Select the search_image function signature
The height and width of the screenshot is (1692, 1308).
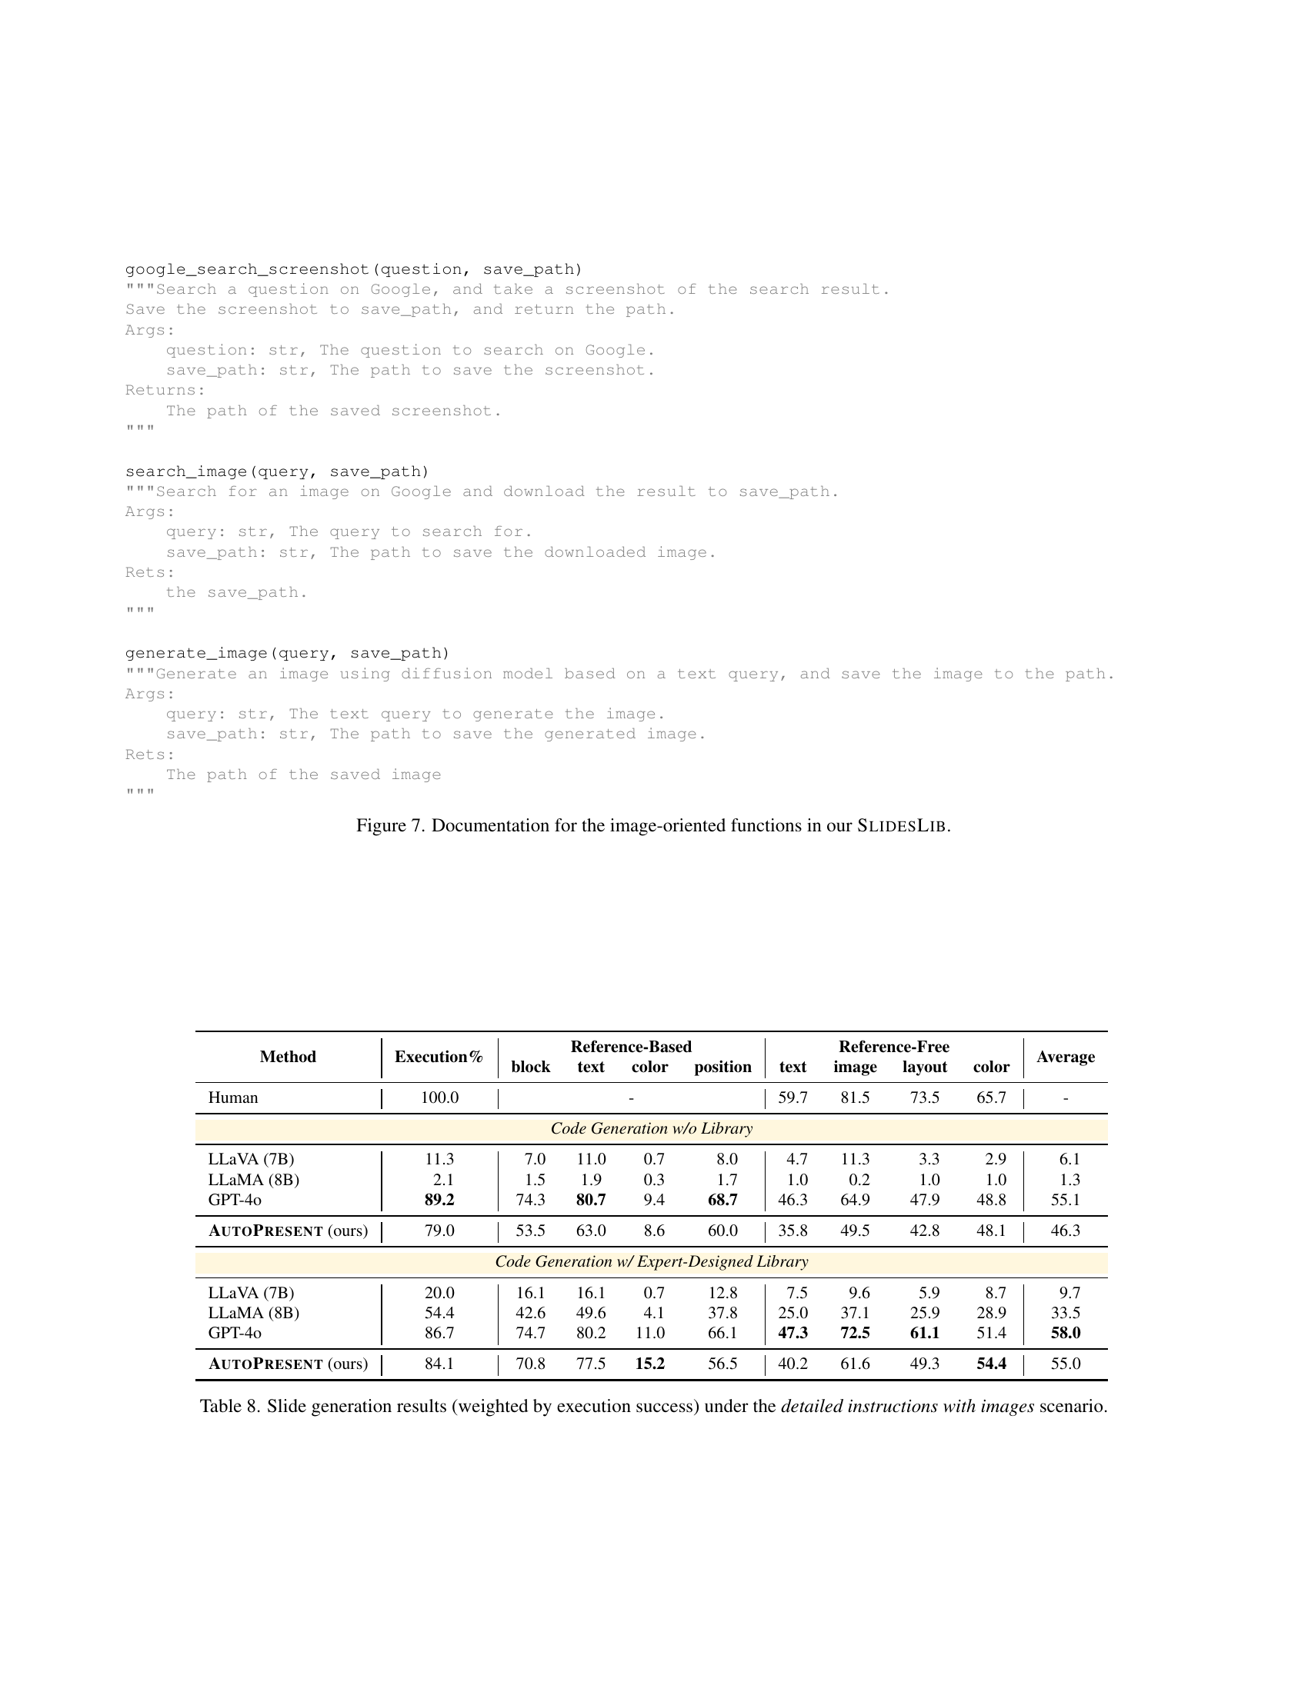pos(277,471)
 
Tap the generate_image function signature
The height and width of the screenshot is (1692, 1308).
pos(287,653)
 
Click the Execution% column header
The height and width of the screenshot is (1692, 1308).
pos(439,1057)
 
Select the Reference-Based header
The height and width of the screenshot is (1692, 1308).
pos(631,1047)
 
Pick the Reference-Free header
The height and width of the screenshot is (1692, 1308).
pos(893,1047)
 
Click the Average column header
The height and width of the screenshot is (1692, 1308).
pos(1066,1057)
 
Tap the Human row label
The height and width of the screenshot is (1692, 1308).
pos(233,1097)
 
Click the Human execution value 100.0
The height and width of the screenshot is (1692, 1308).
pos(439,1097)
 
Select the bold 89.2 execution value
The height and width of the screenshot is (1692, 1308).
pos(439,1200)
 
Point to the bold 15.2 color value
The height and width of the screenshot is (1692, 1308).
pos(649,1364)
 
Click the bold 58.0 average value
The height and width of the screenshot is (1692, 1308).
pos(1066,1334)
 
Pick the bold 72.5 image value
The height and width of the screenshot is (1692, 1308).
pos(855,1334)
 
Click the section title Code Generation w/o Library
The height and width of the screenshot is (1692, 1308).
pos(651,1129)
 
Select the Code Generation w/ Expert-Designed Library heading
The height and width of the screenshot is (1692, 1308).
pos(651,1262)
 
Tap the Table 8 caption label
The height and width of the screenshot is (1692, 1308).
pos(229,1406)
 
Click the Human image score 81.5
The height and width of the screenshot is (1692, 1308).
pos(855,1097)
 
